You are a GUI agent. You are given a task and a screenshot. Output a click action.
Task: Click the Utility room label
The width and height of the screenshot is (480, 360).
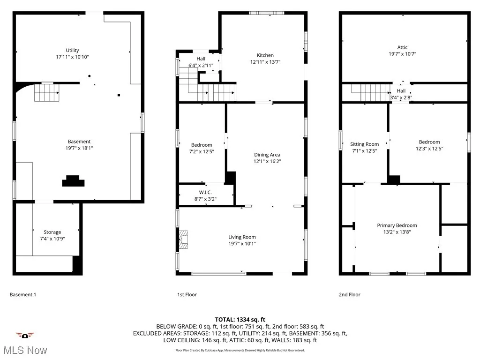pos(72,50)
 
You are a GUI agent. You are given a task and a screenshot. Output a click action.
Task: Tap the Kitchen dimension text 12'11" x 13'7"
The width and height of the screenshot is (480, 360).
pos(265,61)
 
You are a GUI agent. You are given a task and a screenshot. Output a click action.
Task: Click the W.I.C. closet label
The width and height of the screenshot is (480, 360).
pos(205,192)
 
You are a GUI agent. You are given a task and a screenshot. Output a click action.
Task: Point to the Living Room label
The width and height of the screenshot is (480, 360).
pos(242,237)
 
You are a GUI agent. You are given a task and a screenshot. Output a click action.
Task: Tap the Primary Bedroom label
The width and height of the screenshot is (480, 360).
pos(397,225)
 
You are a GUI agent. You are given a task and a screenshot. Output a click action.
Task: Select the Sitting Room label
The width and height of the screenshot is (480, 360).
pos(364,144)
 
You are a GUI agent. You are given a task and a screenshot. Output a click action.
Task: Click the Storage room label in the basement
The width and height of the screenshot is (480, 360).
pos(52,232)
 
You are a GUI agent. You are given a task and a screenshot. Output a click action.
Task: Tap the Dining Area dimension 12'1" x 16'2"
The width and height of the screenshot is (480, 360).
pos(267,161)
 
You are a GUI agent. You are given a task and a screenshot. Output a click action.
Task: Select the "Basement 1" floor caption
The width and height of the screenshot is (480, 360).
pos(22,294)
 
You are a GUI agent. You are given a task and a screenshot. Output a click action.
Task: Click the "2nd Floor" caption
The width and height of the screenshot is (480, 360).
pos(350,294)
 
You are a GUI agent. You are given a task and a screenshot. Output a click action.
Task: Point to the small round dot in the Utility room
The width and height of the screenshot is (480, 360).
pos(90,76)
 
